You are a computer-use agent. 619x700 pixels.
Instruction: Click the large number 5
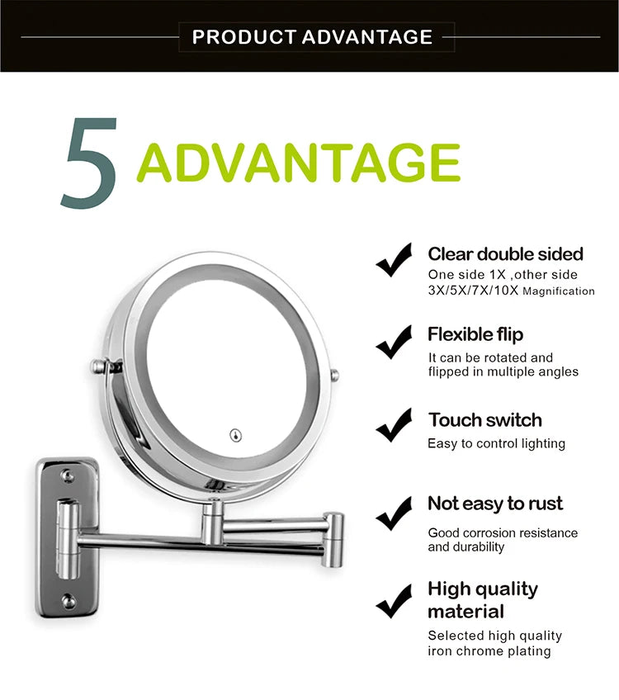[x=88, y=163]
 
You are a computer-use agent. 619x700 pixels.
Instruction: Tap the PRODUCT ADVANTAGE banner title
[x=312, y=37]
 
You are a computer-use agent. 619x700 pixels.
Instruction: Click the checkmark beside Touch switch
[x=394, y=425]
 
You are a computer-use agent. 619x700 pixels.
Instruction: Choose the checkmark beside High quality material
[x=394, y=600]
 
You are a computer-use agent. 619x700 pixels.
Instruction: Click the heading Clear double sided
[x=505, y=254]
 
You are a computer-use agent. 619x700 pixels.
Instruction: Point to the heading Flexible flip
[x=475, y=334]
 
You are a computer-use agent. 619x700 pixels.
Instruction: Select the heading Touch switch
[x=484, y=419]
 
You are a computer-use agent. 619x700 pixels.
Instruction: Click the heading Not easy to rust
[x=494, y=504]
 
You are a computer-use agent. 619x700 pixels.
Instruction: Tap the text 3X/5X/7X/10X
[x=473, y=291]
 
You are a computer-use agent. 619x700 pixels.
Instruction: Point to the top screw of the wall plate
[x=69, y=476]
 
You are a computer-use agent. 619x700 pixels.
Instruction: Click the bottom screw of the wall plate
[x=69, y=600]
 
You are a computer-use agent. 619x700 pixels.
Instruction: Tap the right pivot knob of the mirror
[x=334, y=376]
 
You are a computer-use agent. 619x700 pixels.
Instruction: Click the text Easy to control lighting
[x=496, y=444]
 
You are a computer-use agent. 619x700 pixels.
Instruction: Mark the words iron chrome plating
[x=489, y=651]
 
